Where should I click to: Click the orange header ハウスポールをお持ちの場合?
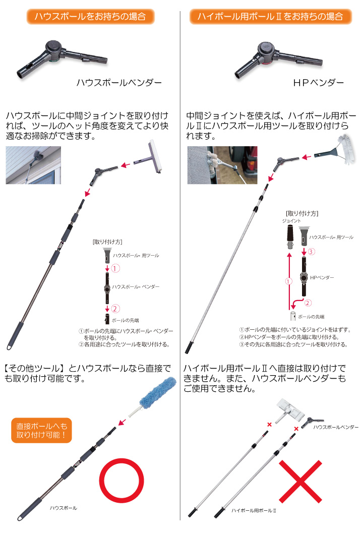[x=90, y=16]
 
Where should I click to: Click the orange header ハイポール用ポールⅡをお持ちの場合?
[x=270, y=16]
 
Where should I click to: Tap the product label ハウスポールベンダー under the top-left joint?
[x=119, y=83]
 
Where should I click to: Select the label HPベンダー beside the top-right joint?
[x=318, y=83]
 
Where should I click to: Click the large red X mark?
[x=301, y=482]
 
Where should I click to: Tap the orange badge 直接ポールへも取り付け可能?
[x=42, y=430]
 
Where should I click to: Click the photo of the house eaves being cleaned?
[x=33, y=165]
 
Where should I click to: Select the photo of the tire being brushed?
[x=222, y=165]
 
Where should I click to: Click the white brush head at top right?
[x=345, y=149]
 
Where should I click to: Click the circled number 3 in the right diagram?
[x=311, y=252]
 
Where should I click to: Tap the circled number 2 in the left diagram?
[x=115, y=309]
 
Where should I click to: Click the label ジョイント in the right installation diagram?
[x=291, y=221]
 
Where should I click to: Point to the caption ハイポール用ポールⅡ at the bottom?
[x=254, y=510]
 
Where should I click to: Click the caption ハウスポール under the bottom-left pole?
[x=64, y=508]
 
